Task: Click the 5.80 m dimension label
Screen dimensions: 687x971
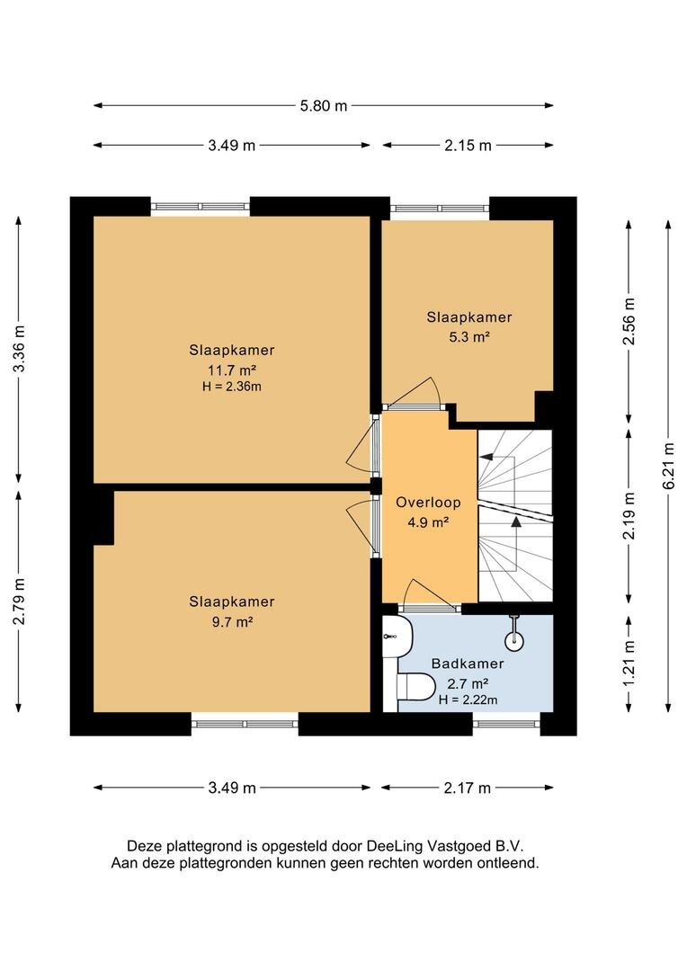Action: click(324, 106)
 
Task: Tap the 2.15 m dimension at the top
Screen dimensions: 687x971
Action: click(468, 146)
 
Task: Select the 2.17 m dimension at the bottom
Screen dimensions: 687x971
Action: click(467, 788)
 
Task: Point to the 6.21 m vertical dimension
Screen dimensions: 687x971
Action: click(668, 467)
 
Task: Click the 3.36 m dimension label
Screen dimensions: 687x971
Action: click(19, 349)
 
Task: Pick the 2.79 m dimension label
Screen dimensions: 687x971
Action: click(19, 601)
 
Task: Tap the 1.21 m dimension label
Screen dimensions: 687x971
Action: click(629, 664)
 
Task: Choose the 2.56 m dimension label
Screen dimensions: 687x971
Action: click(629, 322)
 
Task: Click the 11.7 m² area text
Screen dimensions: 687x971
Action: click(232, 370)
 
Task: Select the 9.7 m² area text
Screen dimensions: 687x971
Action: click(232, 622)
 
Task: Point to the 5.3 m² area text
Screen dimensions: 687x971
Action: click(469, 337)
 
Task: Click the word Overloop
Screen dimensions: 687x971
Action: click(428, 503)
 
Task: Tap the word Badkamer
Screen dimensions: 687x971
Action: click(468, 664)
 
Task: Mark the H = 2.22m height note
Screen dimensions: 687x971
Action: click(468, 699)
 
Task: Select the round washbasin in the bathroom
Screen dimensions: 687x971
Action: click(514, 640)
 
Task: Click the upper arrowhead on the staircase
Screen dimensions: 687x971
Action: click(486, 457)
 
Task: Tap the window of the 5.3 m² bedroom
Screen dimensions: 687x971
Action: click(439, 209)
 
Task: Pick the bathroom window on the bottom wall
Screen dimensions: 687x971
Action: click(506, 723)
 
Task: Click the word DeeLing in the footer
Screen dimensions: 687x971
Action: click(393, 846)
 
